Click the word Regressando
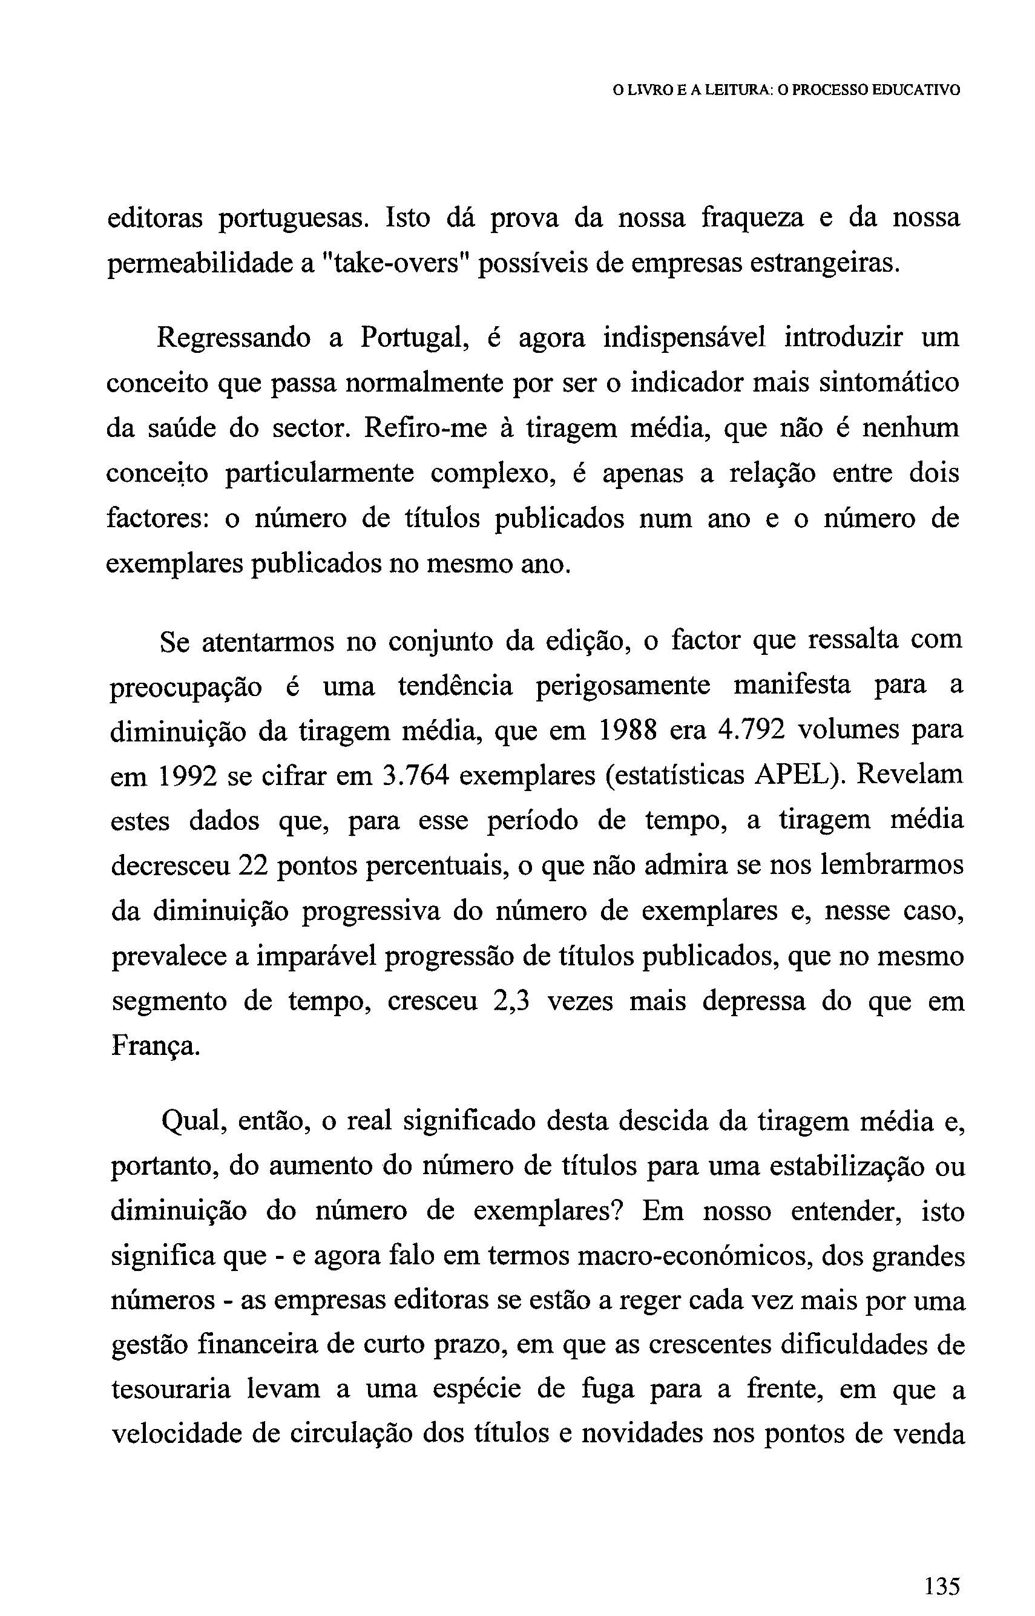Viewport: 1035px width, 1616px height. click(x=233, y=338)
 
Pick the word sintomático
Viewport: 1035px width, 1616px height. click(x=894, y=383)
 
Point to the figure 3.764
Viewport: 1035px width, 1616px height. click(x=415, y=776)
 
